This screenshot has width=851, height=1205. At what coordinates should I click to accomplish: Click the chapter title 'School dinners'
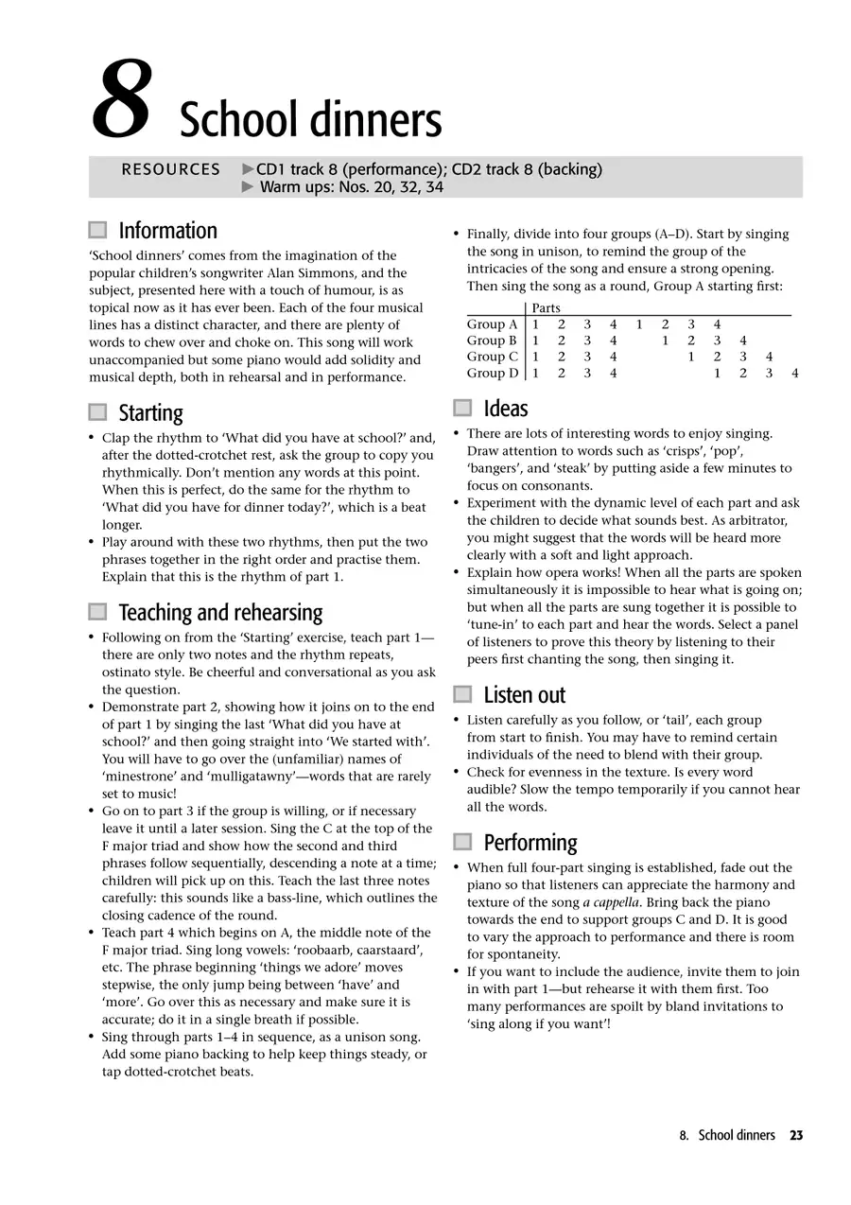pos(310,121)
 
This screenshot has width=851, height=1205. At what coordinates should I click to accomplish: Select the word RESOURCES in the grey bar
pos(170,170)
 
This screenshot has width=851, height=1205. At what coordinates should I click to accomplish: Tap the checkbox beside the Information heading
pos(97,230)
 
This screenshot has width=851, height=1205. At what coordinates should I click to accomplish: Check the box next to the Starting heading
pos(97,412)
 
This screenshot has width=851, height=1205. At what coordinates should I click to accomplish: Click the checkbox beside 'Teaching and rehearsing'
pos(97,612)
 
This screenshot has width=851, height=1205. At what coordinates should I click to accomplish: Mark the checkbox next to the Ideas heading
pos(462,409)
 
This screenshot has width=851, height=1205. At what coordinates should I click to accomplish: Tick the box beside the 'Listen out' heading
pos(462,695)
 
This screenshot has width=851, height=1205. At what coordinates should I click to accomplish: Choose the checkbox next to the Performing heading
pos(462,842)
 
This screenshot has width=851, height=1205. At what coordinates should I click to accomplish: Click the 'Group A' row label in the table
pos(492,324)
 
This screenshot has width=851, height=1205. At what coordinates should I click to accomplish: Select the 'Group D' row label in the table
pos(492,374)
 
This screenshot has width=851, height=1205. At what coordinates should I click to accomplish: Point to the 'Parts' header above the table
pos(546,308)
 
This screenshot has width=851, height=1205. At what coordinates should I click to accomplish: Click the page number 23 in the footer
pos(796,1135)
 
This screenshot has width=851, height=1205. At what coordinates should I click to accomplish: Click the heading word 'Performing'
pos(530,842)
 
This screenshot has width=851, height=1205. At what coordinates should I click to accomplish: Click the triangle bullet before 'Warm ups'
pos(249,187)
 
